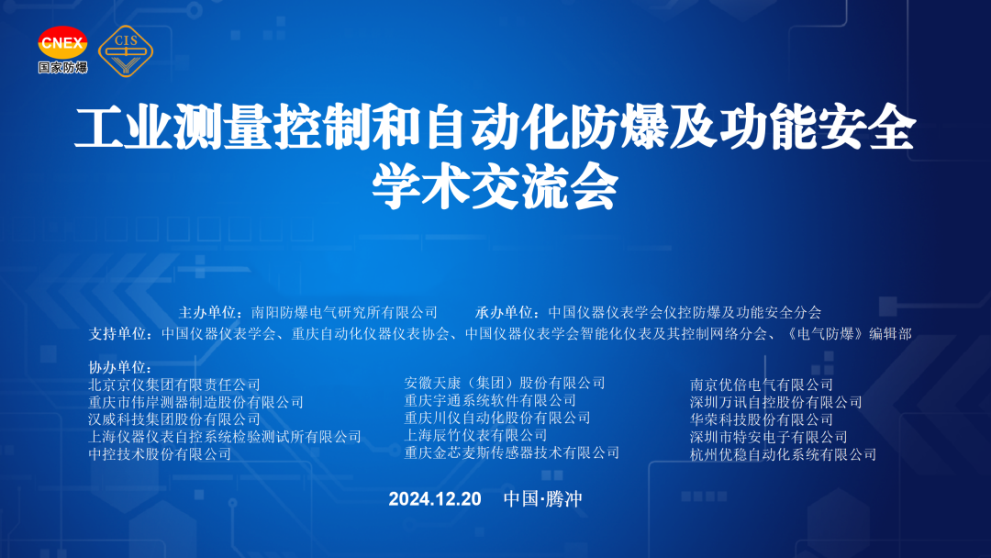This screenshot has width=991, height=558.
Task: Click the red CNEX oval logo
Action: pos(62,43)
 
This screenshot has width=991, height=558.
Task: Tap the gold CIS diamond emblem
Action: pos(126,51)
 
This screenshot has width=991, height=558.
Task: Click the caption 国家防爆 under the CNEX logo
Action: pos(62,67)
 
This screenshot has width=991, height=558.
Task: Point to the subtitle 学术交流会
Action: pos(495,186)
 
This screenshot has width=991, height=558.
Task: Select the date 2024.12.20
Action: pos(435,498)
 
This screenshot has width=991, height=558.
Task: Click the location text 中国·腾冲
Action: pos(543,498)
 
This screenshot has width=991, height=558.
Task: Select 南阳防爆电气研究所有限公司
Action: pos(344,312)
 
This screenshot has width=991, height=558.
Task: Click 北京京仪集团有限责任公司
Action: pos(174,385)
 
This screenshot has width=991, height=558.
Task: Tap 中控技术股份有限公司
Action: pos(160,453)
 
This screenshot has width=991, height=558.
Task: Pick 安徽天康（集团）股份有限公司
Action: pos(505,383)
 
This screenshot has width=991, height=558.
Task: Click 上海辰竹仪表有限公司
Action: pos(476,435)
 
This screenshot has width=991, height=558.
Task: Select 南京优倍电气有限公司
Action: pos(762,385)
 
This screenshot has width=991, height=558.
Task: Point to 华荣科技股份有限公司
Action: pos(762,419)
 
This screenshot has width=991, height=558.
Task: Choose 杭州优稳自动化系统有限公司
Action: pos(783,453)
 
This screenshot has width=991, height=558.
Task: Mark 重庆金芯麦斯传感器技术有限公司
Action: pos(512,452)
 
